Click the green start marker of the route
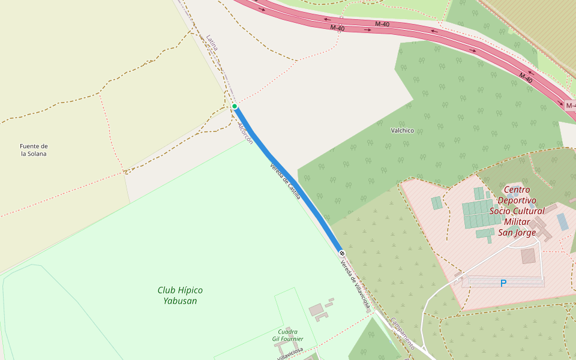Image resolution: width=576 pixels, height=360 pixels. coord(235,106)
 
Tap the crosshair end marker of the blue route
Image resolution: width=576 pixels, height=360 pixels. coord(341,253)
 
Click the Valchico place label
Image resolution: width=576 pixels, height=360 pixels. coord(402,130)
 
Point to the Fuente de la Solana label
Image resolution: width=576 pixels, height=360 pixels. coord(34,150)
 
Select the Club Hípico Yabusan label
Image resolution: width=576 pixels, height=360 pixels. coord(180,295)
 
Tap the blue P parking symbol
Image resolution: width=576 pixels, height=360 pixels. coord(503,283)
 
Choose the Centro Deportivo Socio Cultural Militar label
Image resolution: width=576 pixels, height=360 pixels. coord(517,211)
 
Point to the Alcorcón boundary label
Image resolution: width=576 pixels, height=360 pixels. coord(245,134)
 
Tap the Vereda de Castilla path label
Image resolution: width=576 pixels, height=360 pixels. coord(285,181)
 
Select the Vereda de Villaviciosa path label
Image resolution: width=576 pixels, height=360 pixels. coord(355,285)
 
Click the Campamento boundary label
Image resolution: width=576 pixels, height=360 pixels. coord(402,334)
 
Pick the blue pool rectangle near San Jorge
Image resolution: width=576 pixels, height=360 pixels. coord(562,222)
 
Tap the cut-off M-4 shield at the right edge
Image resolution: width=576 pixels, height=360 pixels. coord(570,106)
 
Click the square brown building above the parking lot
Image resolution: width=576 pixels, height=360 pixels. coord(528,256)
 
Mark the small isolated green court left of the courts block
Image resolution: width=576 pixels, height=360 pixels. coord(437,203)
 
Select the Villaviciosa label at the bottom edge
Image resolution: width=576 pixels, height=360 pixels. coord(290,353)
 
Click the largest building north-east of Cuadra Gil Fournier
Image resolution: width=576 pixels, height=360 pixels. coord(316,310)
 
